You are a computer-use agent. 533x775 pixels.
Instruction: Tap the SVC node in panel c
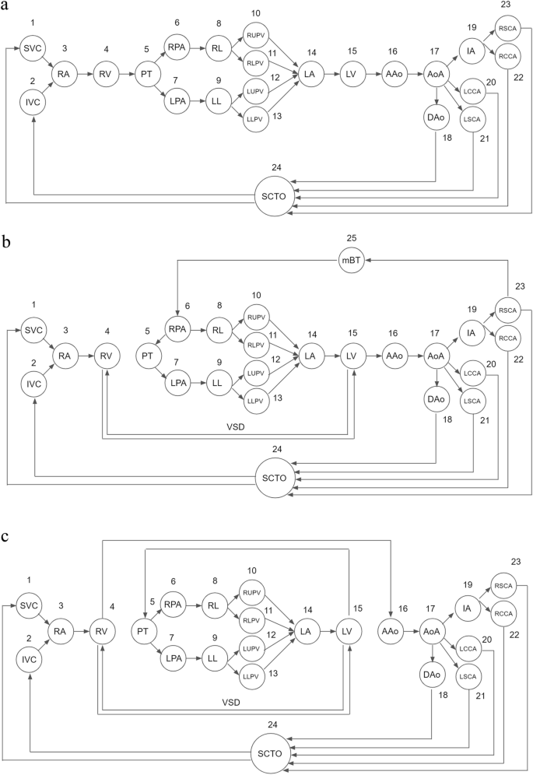tap(33, 605)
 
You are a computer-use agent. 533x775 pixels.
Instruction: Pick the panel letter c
tap(6, 537)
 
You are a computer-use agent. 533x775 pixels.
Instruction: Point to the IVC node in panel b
tap(33, 383)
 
